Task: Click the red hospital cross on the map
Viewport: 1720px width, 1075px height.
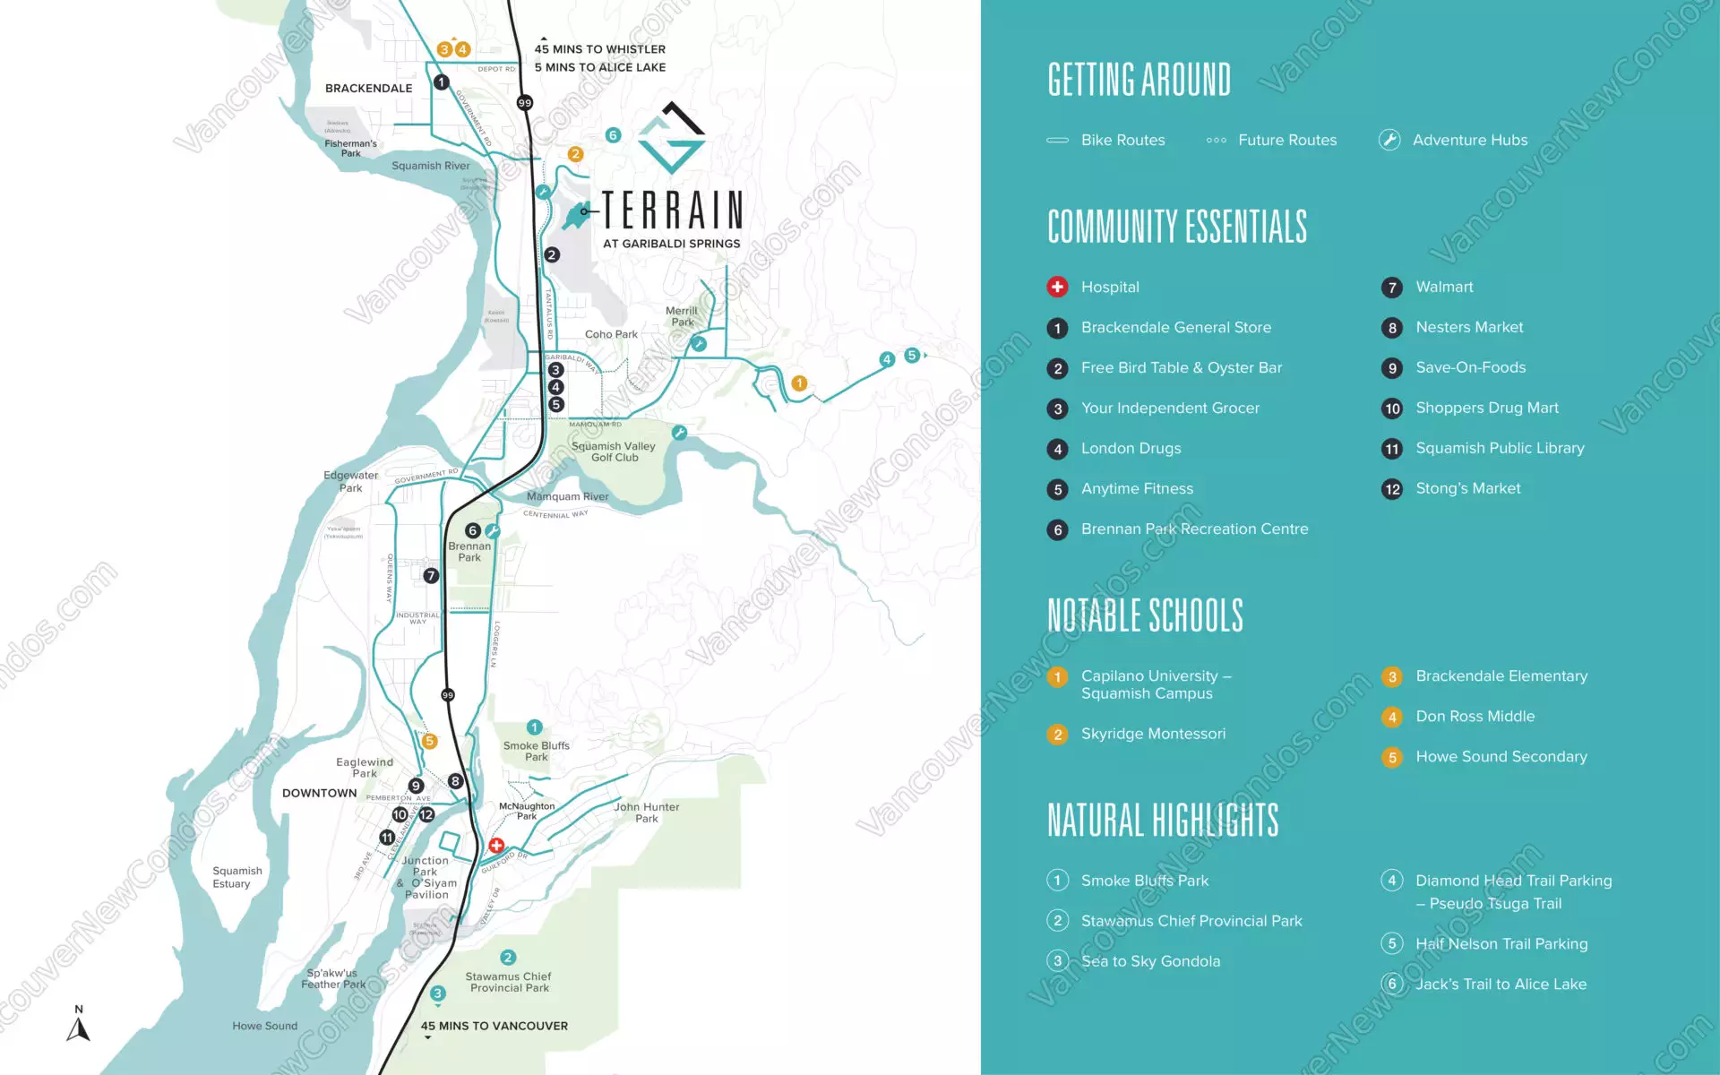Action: point(496,846)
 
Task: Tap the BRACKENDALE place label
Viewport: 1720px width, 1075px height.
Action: point(368,88)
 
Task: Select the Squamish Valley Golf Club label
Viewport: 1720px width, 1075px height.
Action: point(614,451)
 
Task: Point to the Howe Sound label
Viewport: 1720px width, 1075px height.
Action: point(264,1026)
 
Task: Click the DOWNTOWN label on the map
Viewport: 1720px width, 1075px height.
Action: point(319,793)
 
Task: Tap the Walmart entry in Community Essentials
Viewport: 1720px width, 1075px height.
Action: point(1443,287)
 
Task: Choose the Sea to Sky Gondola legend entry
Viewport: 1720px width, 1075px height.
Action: point(1149,961)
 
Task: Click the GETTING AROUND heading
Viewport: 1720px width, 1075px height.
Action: point(1139,80)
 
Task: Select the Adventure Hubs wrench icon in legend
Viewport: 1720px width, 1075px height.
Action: point(1389,140)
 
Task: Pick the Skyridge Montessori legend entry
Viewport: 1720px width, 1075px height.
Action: point(1152,734)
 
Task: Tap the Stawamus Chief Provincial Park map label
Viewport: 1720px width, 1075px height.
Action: point(508,982)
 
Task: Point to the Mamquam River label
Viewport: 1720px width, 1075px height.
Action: point(567,496)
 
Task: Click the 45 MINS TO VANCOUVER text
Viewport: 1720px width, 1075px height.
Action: point(494,1026)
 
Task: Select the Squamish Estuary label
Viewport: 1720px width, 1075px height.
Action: point(237,877)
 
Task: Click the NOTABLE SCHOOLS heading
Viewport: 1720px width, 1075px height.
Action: point(1145,615)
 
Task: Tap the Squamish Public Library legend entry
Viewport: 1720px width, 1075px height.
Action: point(1499,448)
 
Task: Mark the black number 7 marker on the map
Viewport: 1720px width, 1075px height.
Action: point(431,576)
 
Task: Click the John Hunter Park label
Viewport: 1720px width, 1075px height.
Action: point(646,813)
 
